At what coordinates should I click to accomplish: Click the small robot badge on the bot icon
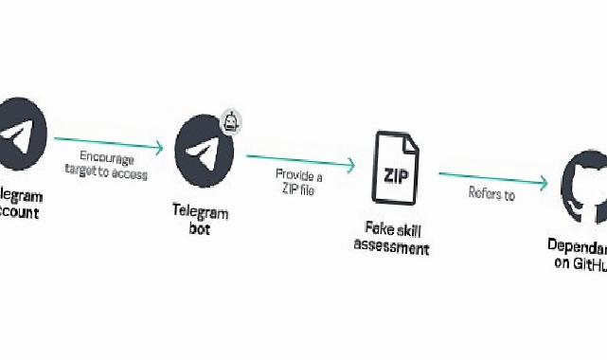[231, 120]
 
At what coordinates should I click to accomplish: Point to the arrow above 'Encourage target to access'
[109, 145]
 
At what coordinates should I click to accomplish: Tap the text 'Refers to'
[491, 196]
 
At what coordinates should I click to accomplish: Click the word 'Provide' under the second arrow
[289, 174]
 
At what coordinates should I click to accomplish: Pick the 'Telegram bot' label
[200, 221]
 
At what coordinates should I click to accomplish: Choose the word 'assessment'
[391, 248]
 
